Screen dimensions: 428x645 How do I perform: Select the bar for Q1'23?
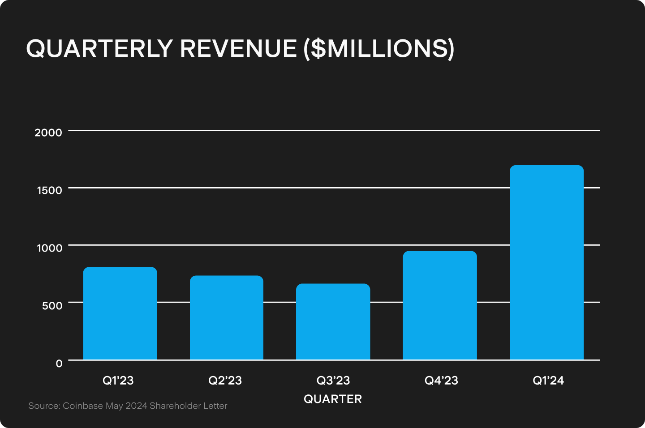coord(120,313)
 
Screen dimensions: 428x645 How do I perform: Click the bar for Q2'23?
coord(227,318)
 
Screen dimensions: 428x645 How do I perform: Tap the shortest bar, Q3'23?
coord(333,322)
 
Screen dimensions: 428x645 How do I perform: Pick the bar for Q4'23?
coord(439,305)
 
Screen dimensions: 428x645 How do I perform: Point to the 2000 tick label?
coord(48,133)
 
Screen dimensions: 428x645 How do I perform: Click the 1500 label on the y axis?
coord(49,190)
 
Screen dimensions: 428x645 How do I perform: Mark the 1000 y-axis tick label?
coord(49,248)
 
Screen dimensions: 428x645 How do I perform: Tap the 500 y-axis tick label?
coord(52,305)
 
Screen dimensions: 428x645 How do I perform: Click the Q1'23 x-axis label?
coord(118,381)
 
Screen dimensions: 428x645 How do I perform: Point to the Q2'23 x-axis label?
coord(225,381)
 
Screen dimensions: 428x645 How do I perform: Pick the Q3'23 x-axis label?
coord(333,381)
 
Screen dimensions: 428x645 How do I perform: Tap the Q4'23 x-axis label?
coord(441,381)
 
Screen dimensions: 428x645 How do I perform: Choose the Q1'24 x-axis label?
coord(548,381)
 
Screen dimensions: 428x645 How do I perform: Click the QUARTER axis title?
coord(333,399)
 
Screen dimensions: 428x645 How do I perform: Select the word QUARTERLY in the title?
coord(99,48)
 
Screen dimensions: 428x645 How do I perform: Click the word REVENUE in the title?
coord(238,48)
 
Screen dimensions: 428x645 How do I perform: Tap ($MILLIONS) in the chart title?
coord(379,48)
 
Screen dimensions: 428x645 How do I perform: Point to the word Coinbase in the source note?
coord(83,406)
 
